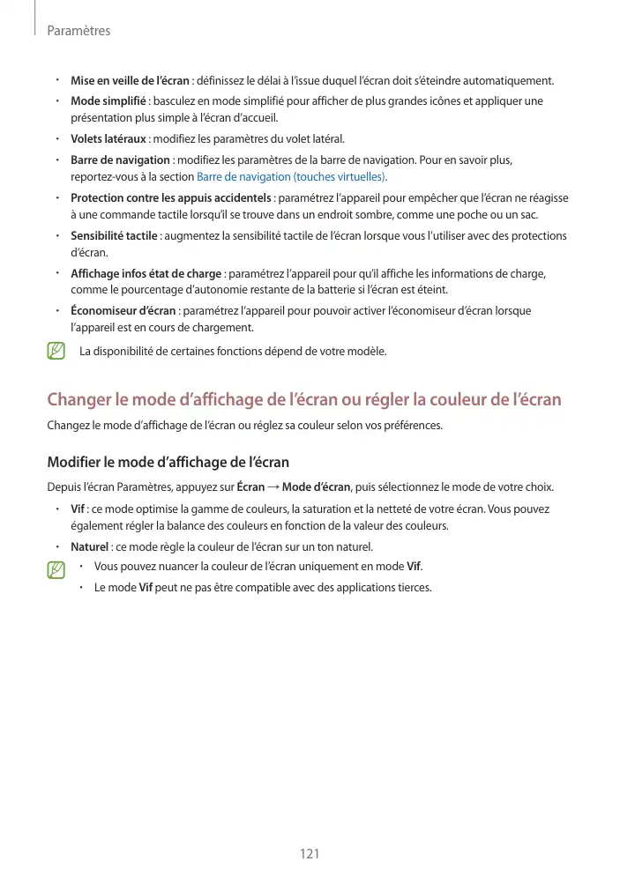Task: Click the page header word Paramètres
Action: (x=78, y=31)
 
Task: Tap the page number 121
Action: (x=310, y=854)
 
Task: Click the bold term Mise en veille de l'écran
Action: (x=130, y=81)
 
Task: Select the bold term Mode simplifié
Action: (x=108, y=101)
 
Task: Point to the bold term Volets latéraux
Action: (x=108, y=139)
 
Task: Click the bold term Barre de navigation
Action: (x=120, y=160)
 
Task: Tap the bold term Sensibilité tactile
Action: (x=114, y=236)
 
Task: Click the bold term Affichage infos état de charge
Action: (x=146, y=273)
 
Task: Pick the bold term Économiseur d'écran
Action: (x=123, y=311)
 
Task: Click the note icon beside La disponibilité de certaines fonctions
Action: (x=56, y=351)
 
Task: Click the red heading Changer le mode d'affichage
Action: (x=303, y=399)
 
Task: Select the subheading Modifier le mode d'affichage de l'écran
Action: (x=168, y=463)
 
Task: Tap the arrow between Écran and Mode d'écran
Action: (x=273, y=487)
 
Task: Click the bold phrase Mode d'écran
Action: (x=316, y=487)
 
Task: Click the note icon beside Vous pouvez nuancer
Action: (x=56, y=569)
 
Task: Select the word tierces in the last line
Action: (x=415, y=588)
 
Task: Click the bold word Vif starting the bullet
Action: (x=78, y=509)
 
